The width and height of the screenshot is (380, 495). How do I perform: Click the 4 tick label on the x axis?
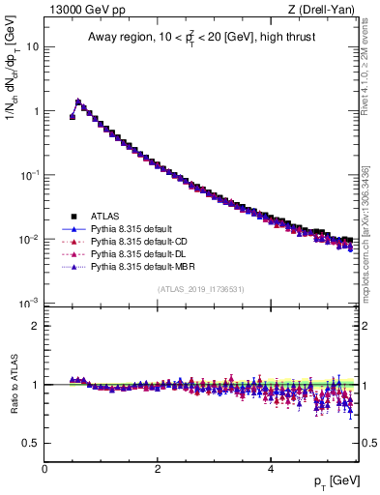click(271, 468)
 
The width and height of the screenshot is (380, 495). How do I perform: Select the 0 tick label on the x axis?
click(44, 468)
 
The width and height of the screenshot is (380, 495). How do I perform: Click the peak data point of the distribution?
click(78, 102)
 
